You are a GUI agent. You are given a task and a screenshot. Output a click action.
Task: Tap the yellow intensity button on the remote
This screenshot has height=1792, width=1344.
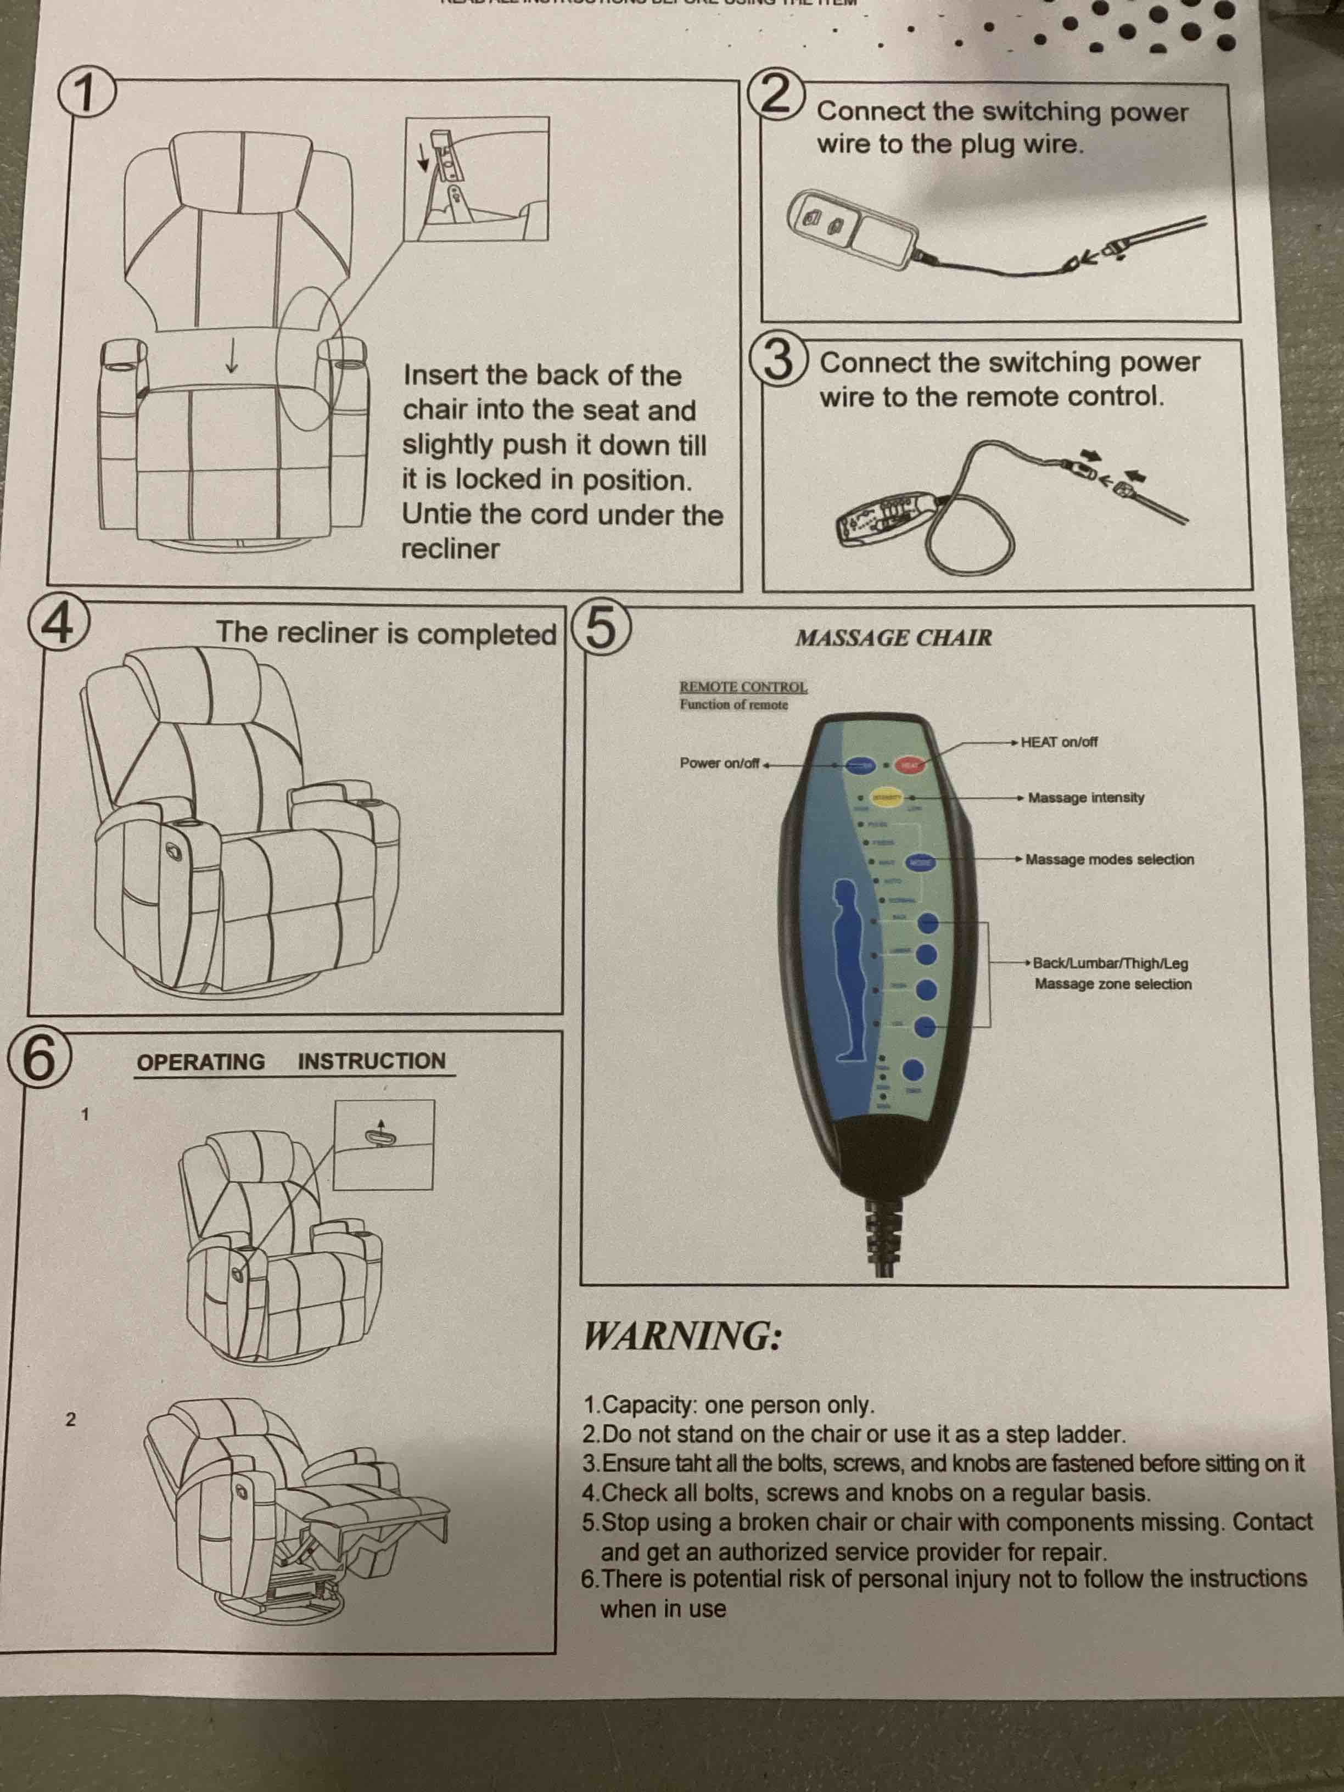[886, 798]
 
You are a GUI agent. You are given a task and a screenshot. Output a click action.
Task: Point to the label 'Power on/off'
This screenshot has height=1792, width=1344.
[719, 763]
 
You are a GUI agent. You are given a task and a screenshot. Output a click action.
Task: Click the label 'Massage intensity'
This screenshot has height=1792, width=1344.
[1085, 798]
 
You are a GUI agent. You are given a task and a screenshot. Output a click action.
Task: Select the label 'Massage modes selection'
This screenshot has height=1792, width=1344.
[1109, 860]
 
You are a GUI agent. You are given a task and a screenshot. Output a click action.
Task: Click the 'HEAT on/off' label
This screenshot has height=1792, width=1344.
[1059, 742]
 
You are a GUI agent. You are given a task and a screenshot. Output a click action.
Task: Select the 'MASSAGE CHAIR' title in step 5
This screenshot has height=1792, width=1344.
[894, 637]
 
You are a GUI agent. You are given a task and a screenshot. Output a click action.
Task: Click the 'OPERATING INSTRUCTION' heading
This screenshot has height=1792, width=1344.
[292, 1061]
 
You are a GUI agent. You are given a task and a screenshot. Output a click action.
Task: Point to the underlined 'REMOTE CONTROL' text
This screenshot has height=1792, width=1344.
[743, 687]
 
